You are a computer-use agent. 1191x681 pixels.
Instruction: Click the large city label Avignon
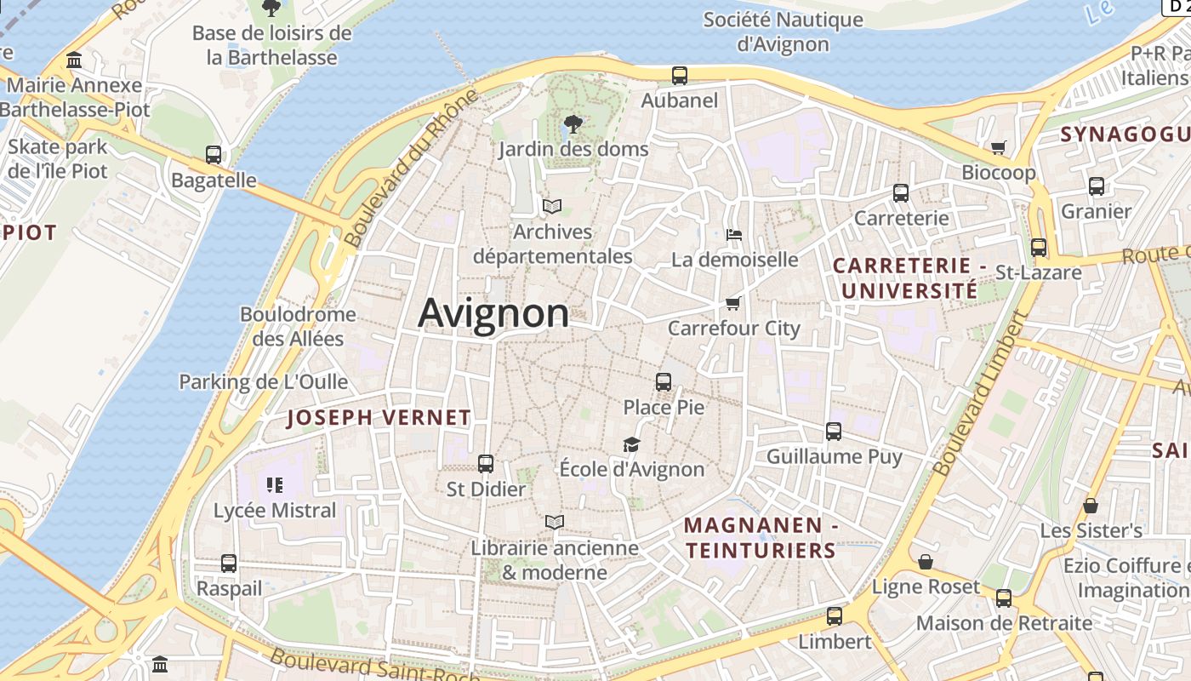493,313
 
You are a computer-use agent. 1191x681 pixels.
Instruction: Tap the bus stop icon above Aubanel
680,76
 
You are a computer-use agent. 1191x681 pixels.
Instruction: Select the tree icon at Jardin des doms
573,125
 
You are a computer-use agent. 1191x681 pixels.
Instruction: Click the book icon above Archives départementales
552,206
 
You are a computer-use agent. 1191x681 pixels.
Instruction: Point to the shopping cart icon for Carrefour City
732,304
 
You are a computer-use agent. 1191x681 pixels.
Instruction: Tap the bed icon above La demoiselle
734,234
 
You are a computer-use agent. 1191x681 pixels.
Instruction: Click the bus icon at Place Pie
664,382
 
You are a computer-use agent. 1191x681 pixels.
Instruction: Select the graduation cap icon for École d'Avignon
631,444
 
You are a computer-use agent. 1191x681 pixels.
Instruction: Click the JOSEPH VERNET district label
379,417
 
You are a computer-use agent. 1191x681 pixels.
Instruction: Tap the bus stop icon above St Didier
486,464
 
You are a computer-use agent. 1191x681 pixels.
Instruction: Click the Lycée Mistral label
275,511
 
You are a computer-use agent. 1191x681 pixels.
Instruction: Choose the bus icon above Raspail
229,564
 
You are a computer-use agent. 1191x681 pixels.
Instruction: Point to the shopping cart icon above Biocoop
999,147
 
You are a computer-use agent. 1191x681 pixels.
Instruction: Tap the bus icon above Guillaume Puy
834,432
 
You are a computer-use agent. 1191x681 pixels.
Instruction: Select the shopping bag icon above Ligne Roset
926,562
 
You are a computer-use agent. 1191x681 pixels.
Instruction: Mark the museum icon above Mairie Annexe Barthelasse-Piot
74,60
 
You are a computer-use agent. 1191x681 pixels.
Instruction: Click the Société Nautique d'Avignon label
783,31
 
